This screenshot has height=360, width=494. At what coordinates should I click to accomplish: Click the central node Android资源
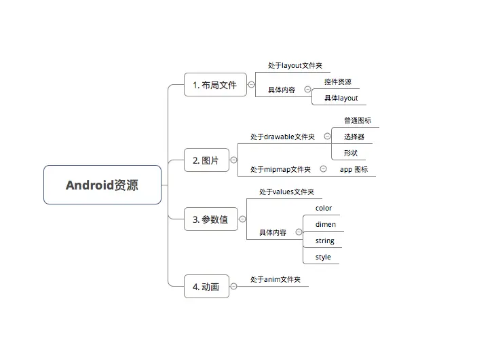(102, 185)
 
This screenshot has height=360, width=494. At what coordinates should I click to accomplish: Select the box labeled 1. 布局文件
(215, 85)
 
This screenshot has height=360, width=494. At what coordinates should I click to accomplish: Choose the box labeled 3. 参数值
(210, 219)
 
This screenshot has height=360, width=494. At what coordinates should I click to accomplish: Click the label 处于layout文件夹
(295, 66)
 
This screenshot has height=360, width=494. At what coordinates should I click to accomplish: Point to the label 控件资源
(337, 82)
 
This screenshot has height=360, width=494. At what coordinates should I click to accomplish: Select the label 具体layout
(341, 98)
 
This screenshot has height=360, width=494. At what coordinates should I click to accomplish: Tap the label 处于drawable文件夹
(282, 137)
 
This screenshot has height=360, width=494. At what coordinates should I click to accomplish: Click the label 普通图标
(357, 121)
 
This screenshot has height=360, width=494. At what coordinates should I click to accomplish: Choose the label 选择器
(354, 137)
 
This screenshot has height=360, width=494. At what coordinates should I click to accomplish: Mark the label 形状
(350, 153)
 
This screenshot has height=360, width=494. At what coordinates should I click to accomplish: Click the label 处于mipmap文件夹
(280, 170)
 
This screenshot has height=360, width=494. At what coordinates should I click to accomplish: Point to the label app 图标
(354, 170)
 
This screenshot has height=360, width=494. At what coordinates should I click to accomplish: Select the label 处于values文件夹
(286, 193)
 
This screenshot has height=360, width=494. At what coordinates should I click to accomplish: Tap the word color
(324, 209)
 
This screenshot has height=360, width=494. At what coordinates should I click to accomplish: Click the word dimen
(325, 225)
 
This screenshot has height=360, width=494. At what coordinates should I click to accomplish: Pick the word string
(324, 241)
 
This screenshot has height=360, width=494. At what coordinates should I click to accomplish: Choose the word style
(323, 257)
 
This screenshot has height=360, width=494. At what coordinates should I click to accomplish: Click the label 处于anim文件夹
(275, 280)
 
